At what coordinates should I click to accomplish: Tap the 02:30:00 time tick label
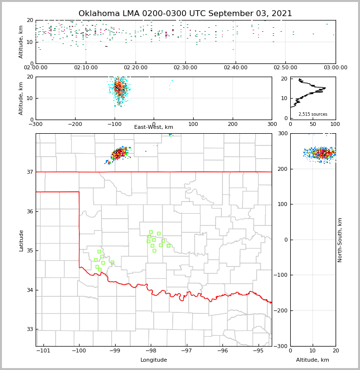[x=185, y=67]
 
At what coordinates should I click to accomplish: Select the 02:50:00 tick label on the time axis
[x=285, y=67]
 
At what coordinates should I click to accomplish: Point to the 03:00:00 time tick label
[x=335, y=67]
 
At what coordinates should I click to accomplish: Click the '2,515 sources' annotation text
[x=313, y=114]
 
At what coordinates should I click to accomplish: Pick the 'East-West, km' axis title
[x=154, y=127]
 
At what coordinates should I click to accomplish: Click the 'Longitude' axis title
[x=154, y=360]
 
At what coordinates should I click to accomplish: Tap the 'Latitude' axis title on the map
[x=21, y=240]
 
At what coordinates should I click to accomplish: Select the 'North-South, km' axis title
[x=340, y=240]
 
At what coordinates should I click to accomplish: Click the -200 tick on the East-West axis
[x=75, y=124]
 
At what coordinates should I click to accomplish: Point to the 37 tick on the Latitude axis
[x=30, y=172]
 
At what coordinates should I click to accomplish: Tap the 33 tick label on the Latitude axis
[x=30, y=329]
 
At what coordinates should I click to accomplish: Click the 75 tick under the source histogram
[x=324, y=124]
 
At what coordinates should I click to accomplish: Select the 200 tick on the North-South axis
[x=282, y=169]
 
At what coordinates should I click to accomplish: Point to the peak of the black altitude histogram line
[x=325, y=88]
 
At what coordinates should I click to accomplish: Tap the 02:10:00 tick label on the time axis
[x=85, y=67]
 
